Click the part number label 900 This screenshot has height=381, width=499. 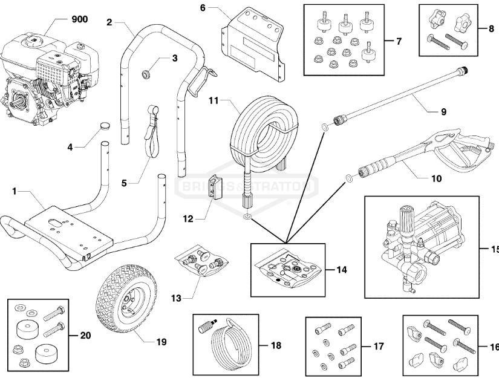tap(79, 19)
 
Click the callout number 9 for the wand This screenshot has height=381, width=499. tap(443, 112)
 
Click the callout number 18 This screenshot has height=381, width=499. tap(276, 346)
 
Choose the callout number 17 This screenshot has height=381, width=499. tap(379, 347)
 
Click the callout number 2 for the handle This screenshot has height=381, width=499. tap(109, 22)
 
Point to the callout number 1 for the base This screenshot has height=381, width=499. tap(13, 191)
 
